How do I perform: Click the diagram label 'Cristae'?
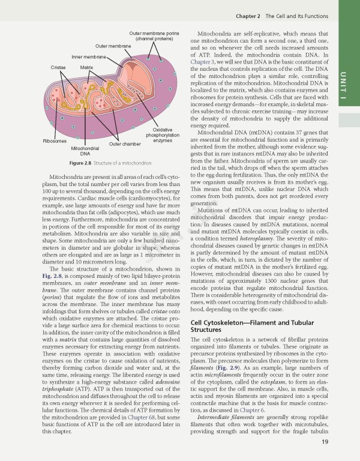tap(58, 68)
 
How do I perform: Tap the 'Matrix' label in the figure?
tap(86, 68)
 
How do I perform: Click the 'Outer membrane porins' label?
tap(154, 35)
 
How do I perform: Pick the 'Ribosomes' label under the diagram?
tap(55, 141)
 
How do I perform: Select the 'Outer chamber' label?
tap(125, 143)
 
